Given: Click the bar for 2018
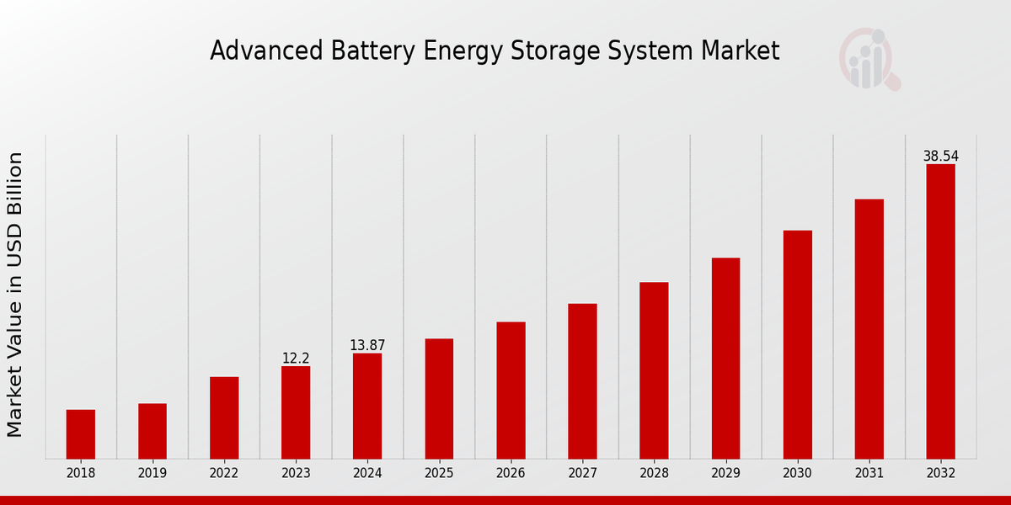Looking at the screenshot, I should [x=81, y=434].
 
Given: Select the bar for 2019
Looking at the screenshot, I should [x=152, y=431].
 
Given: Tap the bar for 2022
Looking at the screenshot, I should [x=224, y=417].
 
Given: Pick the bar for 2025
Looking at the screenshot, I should [x=439, y=399].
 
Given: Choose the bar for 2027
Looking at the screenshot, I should [x=582, y=381].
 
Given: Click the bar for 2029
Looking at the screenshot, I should [x=725, y=359].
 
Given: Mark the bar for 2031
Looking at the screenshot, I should [x=869, y=329].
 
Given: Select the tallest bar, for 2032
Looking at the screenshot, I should [x=940, y=311].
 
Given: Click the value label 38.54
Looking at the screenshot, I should [x=940, y=157].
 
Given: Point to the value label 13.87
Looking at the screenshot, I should [x=367, y=346].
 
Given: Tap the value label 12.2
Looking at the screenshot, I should [x=296, y=359].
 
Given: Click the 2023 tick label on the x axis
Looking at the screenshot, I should [x=296, y=473].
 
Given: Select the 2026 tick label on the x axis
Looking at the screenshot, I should [x=511, y=473].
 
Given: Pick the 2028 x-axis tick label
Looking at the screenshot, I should [x=654, y=473].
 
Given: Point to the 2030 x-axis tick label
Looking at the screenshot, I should [x=797, y=473].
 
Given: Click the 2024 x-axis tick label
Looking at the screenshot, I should [x=367, y=473].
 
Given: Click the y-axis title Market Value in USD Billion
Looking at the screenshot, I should [x=15, y=295].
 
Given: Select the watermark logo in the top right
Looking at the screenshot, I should [x=869, y=59].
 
